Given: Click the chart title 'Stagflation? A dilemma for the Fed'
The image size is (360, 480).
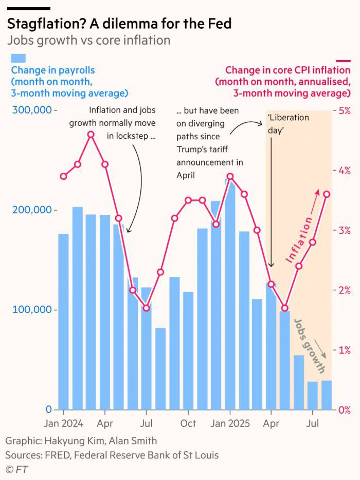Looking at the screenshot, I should pyautogui.click(x=119, y=24).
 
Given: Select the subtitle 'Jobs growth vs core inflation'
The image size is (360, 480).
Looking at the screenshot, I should pyautogui.click(x=88, y=40).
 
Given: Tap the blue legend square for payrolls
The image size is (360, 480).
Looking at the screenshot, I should pyautogui.click(x=19, y=58).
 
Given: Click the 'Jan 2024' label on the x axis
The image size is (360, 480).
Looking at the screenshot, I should pyautogui.click(x=63, y=423).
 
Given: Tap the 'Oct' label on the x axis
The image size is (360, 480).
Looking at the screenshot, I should pyautogui.click(x=188, y=423).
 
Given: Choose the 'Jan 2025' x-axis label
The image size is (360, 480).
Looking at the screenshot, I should pyautogui.click(x=230, y=423).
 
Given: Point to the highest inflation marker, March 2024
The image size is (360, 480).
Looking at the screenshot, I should pyautogui.click(x=91, y=134).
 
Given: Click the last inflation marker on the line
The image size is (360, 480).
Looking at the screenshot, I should pyautogui.click(x=327, y=194).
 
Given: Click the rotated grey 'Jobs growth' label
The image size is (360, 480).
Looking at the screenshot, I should pyautogui.click(x=310, y=346).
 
